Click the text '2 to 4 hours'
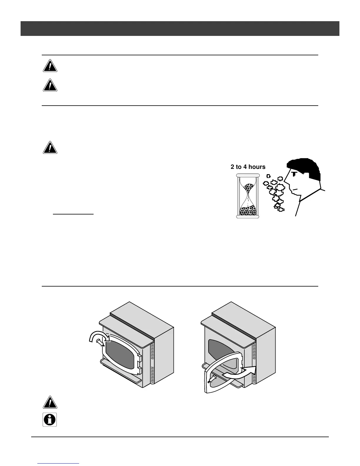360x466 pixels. click(248, 167)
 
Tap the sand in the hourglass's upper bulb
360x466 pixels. click(248, 188)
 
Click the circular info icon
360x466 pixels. click(50, 420)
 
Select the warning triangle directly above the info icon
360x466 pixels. click(50, 403)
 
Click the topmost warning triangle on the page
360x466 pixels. click(50, 66)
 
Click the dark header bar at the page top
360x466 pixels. click(180, 29)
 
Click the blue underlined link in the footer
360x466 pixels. click(59, 464)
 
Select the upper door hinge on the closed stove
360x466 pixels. click(139, 358)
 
